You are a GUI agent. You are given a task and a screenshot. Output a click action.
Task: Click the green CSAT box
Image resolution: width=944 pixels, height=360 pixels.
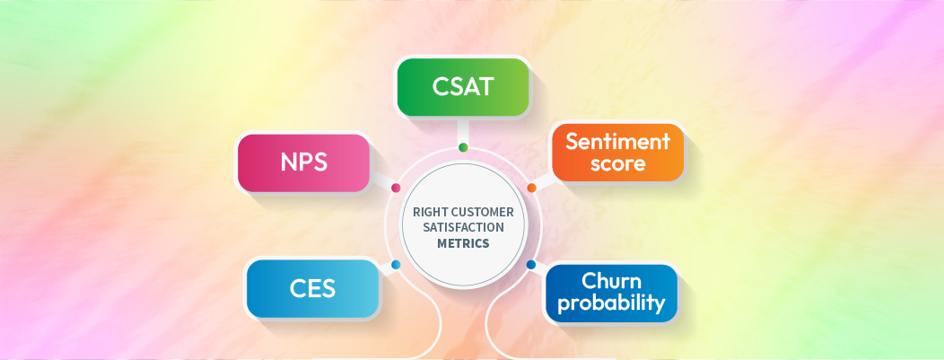point(462,88)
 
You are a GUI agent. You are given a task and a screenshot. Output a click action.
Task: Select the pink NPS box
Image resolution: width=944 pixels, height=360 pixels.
point(303,162)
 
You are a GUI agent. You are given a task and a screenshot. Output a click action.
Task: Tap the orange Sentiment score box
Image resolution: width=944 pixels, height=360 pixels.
point(617,153)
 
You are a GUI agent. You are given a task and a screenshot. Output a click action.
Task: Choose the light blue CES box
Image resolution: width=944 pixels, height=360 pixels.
point(312,289)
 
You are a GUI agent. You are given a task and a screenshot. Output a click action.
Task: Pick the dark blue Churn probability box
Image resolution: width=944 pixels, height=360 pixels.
point(611,293)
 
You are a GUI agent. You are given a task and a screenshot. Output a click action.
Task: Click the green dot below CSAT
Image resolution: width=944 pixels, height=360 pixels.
point(463,147)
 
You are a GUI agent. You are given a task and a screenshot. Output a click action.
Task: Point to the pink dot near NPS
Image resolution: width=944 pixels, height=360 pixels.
point(396,188)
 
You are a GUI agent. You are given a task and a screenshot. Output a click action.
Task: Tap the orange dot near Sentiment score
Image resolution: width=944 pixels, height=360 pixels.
point(531,188)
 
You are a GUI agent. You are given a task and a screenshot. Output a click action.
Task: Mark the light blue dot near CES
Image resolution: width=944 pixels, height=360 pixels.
point(396,265)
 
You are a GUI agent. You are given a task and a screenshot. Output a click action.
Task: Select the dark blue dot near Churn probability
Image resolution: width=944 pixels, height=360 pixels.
point(530,265)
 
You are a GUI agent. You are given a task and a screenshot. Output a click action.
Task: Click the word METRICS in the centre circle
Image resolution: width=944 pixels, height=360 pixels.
point(464,242)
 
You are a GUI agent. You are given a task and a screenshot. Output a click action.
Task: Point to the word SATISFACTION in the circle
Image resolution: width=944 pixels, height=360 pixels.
point(464,227)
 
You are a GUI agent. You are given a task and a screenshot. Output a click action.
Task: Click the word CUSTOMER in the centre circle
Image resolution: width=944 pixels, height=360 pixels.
point(483,212)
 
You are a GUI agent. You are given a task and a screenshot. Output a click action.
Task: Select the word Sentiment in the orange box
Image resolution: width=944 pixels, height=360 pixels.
point(617,142)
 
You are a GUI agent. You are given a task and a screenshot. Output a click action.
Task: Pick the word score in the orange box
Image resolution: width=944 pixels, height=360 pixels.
point(617,164)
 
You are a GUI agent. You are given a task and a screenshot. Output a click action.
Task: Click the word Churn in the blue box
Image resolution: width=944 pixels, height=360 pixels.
point(611,280)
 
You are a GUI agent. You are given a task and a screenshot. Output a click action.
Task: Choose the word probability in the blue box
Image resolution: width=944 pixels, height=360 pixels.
point(611,303)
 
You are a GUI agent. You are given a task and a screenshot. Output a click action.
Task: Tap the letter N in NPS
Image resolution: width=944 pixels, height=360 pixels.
point(288,163)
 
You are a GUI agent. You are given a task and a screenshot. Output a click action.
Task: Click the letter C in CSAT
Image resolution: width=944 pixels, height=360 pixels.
point(442,88)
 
